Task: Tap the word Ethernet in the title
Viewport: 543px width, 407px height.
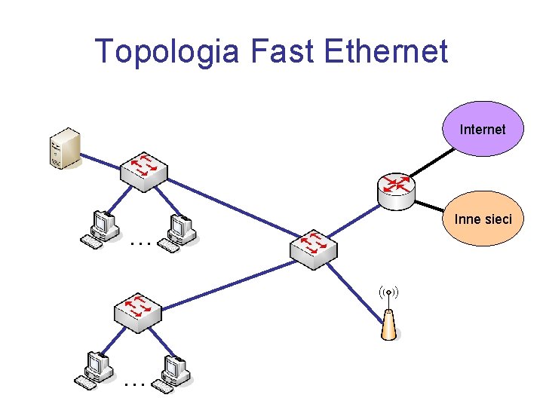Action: pyautogui.click(x=385, y=52)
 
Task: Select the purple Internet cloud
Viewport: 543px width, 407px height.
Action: pyautogui.click(x=483, y=129)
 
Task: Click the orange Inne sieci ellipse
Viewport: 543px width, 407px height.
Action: pyautogui.click(x=483, y=219)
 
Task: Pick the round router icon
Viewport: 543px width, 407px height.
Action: pyautogui.click(x=395, y=189)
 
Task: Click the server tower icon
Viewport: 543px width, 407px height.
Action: pyautogui.click(x=65, y=148)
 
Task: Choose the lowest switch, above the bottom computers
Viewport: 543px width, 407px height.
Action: pyautogui.click(x=137, y=311)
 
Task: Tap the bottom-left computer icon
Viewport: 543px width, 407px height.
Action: pyautogui.click(x=95, y=371)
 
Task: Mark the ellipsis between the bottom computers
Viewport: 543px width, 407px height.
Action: pyautogui.click(x=134, y=384)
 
